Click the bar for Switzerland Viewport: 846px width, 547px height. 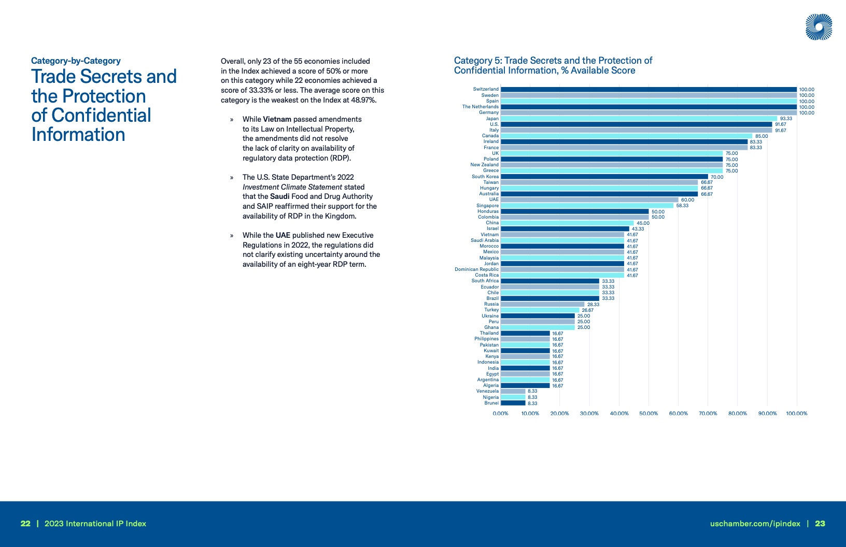click(648, 89)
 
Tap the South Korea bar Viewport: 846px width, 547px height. click(604, 177)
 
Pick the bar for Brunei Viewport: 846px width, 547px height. click(513, 403)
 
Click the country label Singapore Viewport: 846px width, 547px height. click(487, 206)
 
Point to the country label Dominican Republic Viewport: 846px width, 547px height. click(476, 269)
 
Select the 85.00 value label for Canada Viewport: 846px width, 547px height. click(762, 136)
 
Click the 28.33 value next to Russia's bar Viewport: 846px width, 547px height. click(593, 305)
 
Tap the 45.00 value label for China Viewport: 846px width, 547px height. click(643, 223)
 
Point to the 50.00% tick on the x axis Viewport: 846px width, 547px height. click(648, 413)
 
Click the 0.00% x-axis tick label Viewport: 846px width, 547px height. click(500, 413)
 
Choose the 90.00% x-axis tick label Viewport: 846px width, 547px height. click(767, 413)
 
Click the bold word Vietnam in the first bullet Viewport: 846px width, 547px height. click(277, 119)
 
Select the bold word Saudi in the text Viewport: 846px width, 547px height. click(279, 196)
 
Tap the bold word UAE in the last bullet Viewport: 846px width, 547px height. click(283, 235)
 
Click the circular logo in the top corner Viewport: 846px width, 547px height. click(819, 27)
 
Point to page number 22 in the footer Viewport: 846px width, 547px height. click(25, 524)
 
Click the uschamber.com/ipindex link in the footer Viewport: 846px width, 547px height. click(755, 524)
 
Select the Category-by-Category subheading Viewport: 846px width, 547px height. click(76, 61)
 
